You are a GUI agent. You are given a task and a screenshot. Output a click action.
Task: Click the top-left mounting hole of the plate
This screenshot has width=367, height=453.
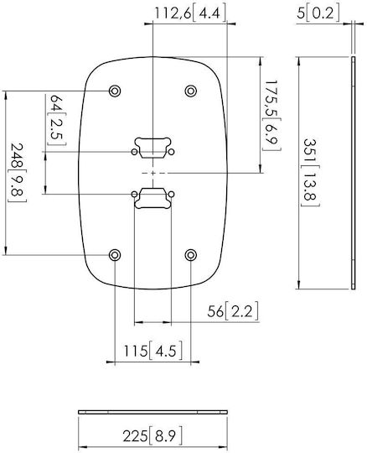[115, 91]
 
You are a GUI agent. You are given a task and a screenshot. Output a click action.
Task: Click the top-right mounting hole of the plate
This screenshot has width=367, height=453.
[190, 91]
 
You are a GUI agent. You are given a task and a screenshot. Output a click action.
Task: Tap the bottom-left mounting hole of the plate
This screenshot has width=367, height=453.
[115, 255]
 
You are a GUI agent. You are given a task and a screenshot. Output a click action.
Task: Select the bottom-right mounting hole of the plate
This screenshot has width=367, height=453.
[190, 255]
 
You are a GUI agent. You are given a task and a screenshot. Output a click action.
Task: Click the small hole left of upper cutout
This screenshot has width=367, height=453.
[134, 152]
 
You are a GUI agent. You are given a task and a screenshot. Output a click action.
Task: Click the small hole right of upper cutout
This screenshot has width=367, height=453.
[172, 152]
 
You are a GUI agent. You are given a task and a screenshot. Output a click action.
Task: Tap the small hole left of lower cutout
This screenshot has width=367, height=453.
[134, 194]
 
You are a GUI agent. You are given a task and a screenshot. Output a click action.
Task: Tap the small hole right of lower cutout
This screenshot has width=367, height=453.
[172, 194]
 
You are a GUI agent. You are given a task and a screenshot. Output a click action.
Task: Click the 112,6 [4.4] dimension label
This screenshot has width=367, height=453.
[190, 13]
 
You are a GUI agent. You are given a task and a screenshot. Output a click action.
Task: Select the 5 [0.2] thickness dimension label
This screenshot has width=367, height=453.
[318, 13]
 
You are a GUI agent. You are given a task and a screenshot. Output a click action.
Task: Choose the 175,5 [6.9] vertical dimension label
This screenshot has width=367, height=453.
[271, 116]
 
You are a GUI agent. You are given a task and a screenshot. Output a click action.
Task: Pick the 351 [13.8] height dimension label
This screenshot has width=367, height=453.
[311, 173]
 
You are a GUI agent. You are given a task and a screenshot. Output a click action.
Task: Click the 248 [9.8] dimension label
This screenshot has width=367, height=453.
[18, 173]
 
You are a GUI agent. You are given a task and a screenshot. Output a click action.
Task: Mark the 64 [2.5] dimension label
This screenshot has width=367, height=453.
[57, 120]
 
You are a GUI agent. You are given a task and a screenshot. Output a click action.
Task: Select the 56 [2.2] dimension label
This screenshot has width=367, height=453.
[233, 311]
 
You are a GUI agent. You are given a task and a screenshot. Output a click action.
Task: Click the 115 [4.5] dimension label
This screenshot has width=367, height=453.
[153, 351]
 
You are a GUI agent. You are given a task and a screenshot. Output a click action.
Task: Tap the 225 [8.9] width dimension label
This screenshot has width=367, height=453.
[152, 435]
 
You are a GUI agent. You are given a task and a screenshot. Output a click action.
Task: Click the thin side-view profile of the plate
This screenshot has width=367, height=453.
[354, 173]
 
